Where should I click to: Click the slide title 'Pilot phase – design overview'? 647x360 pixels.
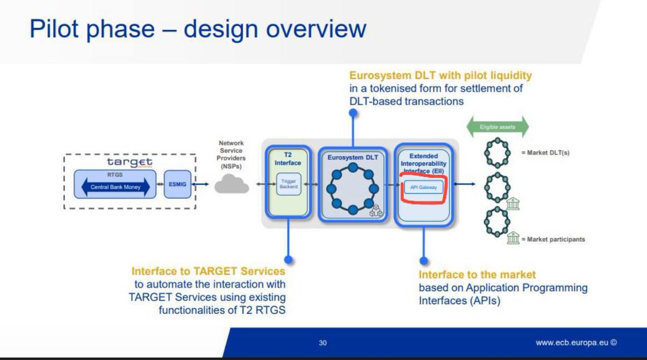(x=198, y=29)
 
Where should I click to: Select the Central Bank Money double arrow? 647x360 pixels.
(x=115, y=186)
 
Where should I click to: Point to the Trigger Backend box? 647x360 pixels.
(x=288, y=184)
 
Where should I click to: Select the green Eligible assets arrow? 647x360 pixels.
(x=497, y=128)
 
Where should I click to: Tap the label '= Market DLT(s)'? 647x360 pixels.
(x=545, y=153)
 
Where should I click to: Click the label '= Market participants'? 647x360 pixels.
(x=553, y=239)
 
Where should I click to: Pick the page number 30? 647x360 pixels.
(x=322, y=343)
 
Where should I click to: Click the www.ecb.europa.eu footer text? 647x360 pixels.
(x=576, y=343)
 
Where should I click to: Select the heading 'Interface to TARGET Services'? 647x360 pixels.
(x=208, y=271)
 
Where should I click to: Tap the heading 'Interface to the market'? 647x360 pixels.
(x=477, y=275)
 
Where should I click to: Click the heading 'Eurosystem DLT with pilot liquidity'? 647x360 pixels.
(x=440, y=75)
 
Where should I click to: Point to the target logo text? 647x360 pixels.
(x=129, y=162)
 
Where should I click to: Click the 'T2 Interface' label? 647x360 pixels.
(x=288, y=158)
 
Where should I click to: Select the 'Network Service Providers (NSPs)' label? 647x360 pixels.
(x=231, y=155)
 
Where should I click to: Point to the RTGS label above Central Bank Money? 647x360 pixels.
(x=115, y=175)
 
